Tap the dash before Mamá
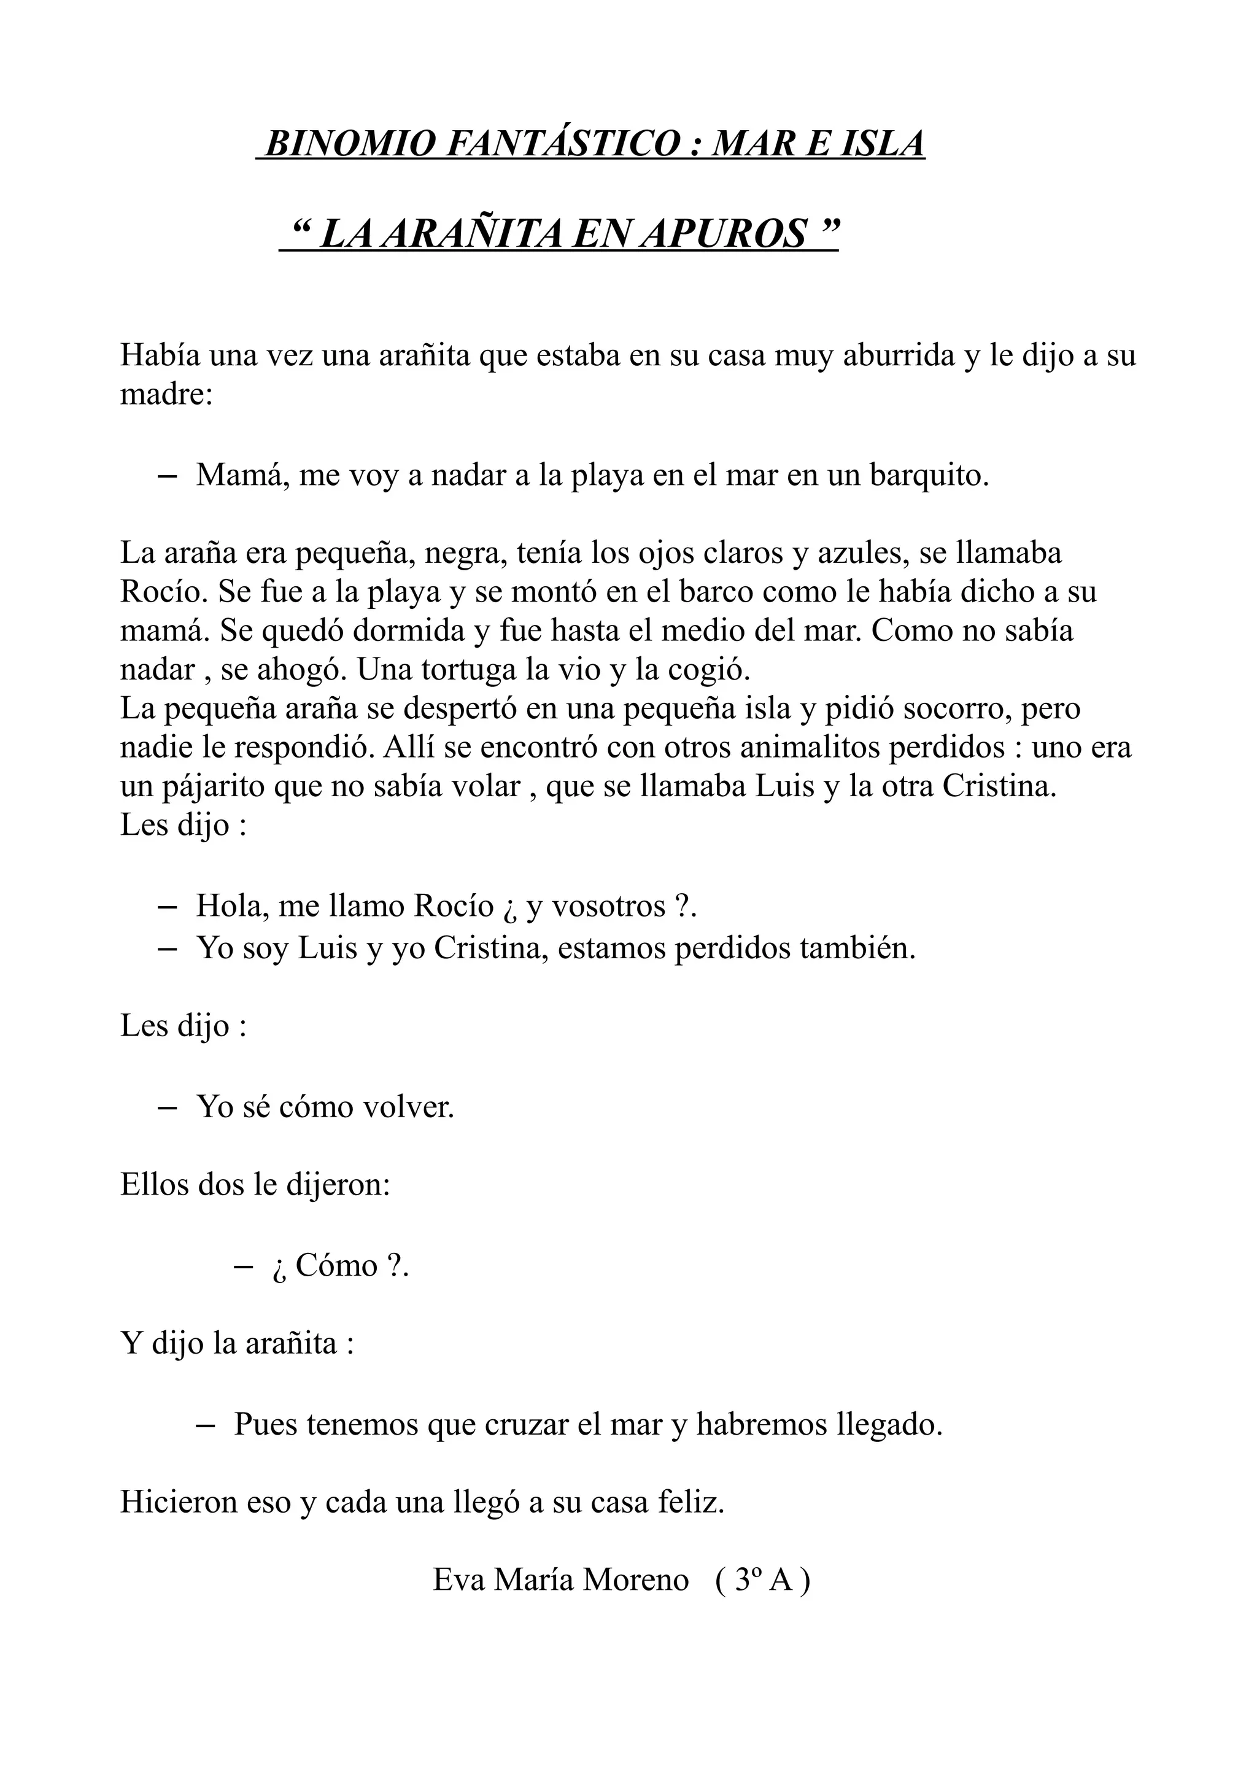click(166, 476)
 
